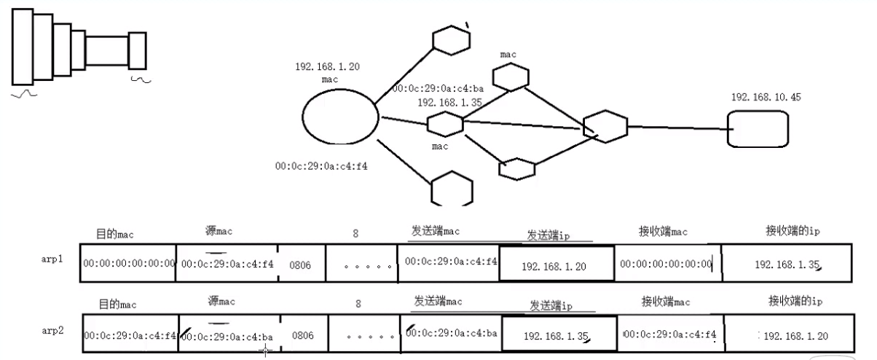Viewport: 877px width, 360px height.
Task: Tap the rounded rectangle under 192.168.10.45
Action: tap(758, 129)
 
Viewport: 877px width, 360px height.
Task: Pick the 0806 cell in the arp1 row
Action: tap(300, 265)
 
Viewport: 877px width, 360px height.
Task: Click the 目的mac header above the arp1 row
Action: tap(115, 235)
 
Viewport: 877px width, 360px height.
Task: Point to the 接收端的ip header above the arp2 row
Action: tap(795, 300)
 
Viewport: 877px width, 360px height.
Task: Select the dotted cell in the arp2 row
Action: tap(363, 337)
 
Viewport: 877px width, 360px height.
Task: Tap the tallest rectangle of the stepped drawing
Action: tap(23, 47)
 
